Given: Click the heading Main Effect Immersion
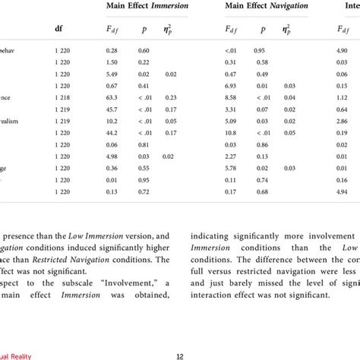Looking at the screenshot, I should pos(149,7).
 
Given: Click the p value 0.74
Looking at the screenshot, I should pos(262,180).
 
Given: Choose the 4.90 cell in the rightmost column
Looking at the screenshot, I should pos(344,51).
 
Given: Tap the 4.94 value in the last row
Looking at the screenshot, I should pos(344,191).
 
